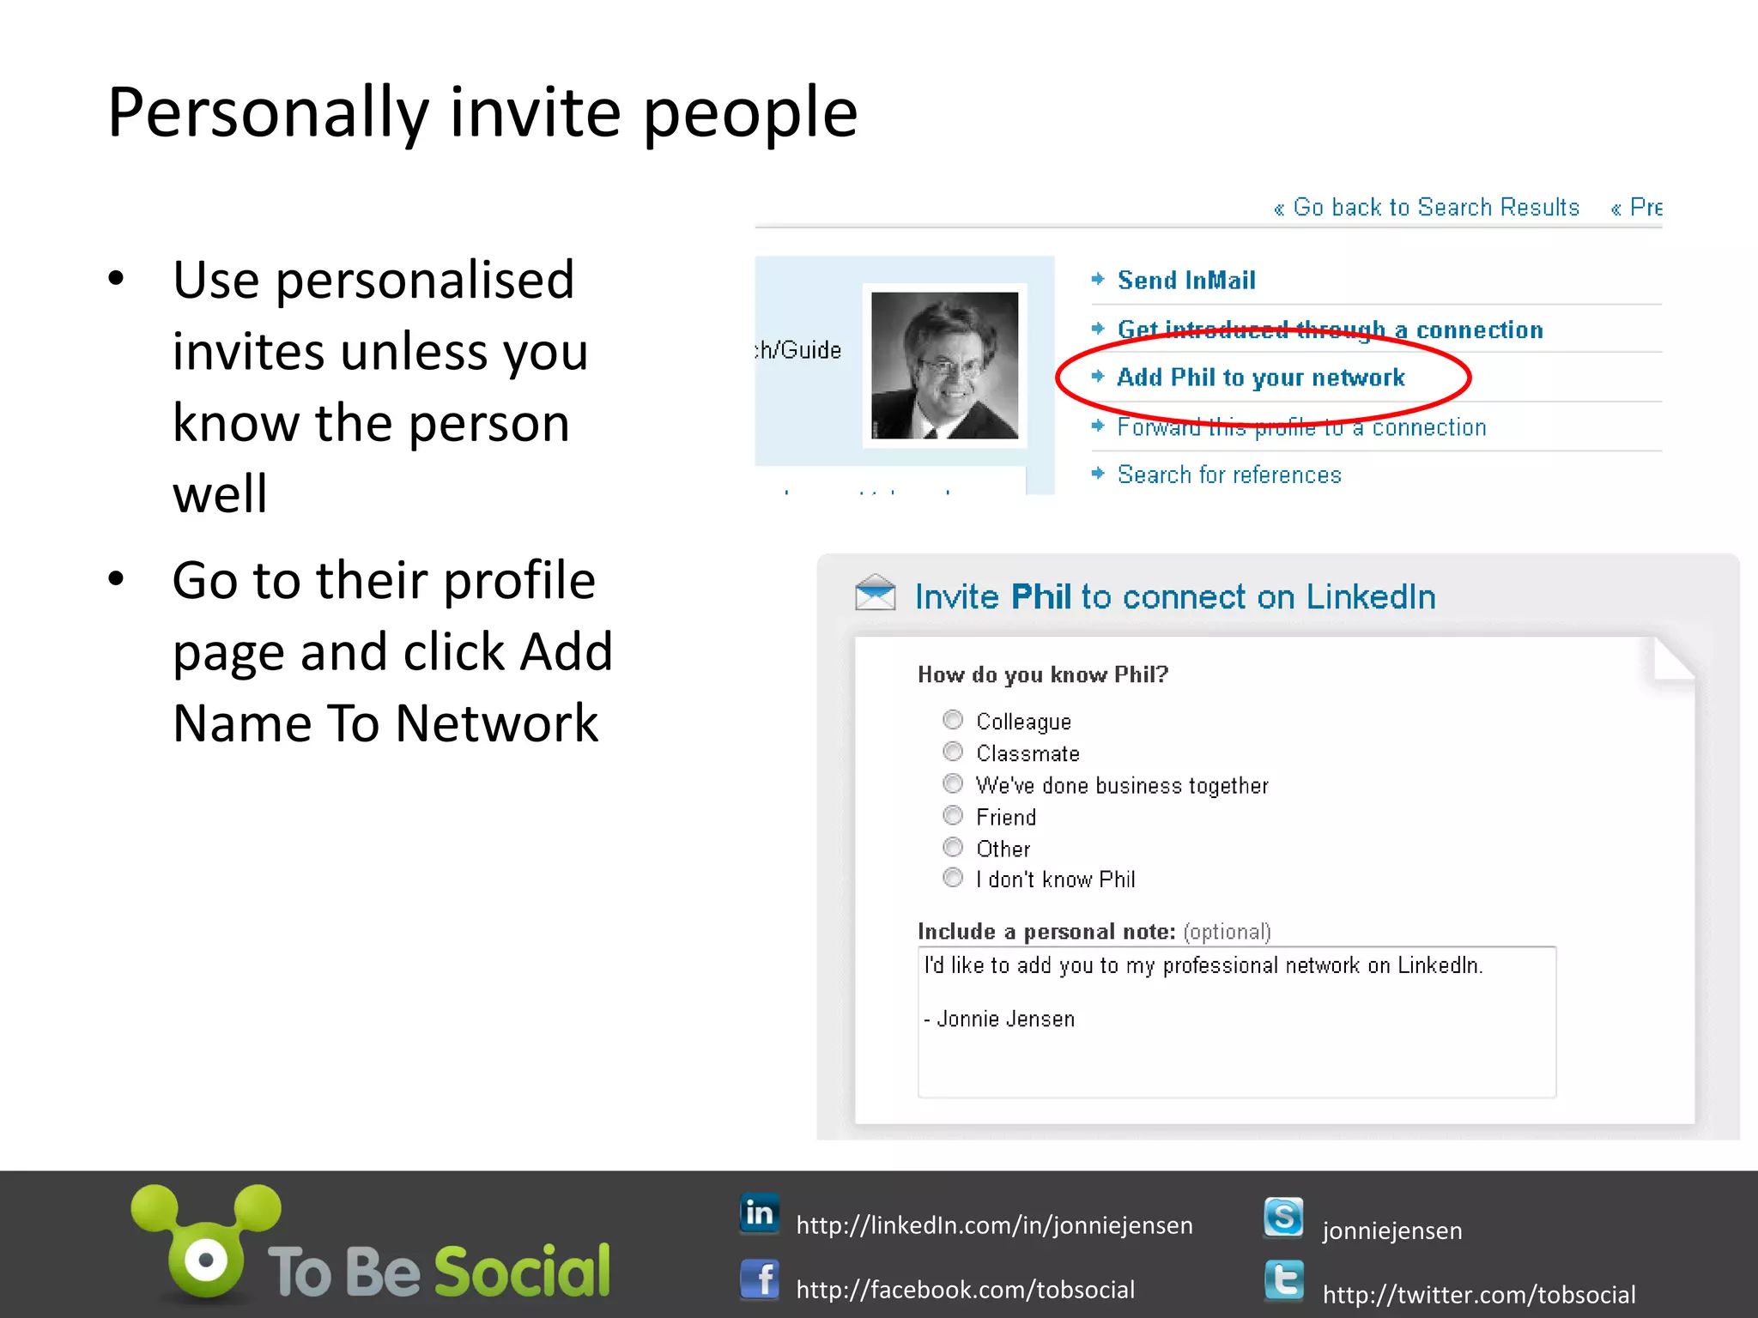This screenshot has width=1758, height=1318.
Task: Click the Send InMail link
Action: click(x=1185, y=281)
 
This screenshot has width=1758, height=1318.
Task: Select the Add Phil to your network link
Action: click(x=1260, y=378)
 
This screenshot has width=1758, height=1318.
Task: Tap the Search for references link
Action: click(x=1228, y=475)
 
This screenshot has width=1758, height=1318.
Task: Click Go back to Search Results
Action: click(x=1435, y=208)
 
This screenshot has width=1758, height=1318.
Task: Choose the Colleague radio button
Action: click(x=953, y=719)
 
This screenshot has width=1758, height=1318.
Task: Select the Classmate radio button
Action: click(x=953, y=752)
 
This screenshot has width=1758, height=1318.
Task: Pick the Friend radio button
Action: click(x=953, y=815)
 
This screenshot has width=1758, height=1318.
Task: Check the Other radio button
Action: click(x=953, y=847)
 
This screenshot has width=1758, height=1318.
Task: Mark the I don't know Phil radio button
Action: click(x=953, y=877)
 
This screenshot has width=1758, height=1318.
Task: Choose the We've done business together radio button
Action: click(x=953, y=783)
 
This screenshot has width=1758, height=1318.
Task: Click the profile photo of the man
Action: click(x=944, y=366)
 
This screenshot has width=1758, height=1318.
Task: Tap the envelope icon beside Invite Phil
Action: click(x=875, y=593)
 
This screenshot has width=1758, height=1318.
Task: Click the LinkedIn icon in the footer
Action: click(x=760, y=1213)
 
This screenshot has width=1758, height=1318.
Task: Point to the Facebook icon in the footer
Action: click(x=760, y=1280)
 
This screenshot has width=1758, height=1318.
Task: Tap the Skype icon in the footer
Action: click(x=1283, y=1218)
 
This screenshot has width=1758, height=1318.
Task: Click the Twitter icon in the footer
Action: click(x=1283, y=1282)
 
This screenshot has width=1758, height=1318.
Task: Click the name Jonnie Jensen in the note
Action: click(x=1005, y=1019)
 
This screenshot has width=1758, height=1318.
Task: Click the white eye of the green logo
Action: click(x=206, y=1261)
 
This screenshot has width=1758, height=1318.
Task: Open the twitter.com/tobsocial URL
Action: click(x=1478, y=1294)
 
